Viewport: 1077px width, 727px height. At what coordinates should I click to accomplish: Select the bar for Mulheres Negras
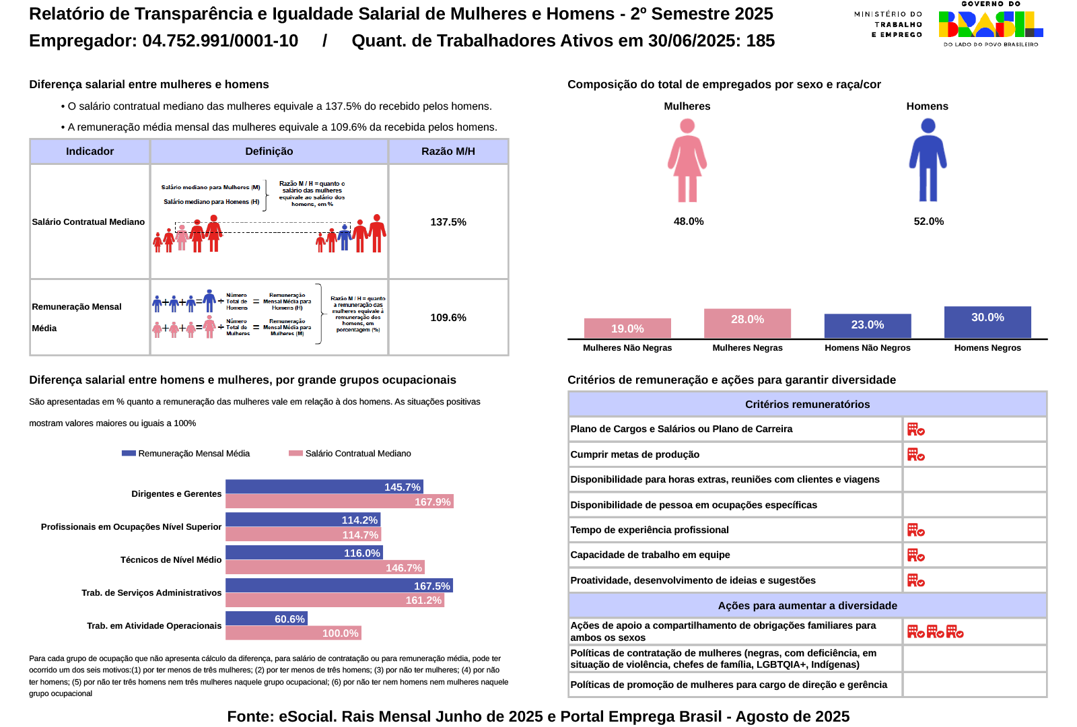747,324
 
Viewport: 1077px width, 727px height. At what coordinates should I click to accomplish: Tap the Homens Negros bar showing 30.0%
987,322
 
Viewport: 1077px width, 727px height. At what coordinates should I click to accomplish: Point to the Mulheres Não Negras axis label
627,348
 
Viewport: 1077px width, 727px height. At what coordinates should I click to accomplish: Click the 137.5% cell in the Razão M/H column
448,222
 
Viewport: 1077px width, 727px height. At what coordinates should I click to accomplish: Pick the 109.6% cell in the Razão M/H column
448,318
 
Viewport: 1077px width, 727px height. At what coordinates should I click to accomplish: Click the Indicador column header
90,151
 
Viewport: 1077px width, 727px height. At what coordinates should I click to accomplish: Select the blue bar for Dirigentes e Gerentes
324,487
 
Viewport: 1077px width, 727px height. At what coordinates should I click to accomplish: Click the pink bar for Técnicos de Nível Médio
324,567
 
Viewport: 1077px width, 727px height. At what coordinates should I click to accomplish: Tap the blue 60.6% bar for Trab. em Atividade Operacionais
266,619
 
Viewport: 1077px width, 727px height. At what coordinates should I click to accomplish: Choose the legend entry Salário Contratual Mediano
350,454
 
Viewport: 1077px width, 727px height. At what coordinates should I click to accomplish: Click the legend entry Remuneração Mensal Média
186,454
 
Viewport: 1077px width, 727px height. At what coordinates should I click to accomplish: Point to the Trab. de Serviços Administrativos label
151,593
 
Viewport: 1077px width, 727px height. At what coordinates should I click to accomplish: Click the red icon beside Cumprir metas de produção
915,455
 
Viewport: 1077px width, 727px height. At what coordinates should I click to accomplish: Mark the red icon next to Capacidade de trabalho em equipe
915,555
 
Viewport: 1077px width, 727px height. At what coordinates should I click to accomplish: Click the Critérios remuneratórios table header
807,405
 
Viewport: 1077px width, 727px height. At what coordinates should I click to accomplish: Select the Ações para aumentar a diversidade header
807,606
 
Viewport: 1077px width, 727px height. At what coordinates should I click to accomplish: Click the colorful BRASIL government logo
990,25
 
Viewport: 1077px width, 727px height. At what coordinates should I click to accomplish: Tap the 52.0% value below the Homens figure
928,221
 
